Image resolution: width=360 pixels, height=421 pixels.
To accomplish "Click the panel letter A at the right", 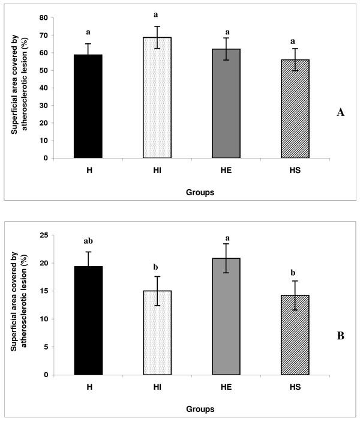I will pyautogui.click(x=340, y=112).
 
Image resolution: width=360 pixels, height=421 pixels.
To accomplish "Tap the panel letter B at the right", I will pyautogui.click(x=340, y=336).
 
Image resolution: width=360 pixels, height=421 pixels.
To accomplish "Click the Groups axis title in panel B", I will pyautogui.click(x=191, y=409).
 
